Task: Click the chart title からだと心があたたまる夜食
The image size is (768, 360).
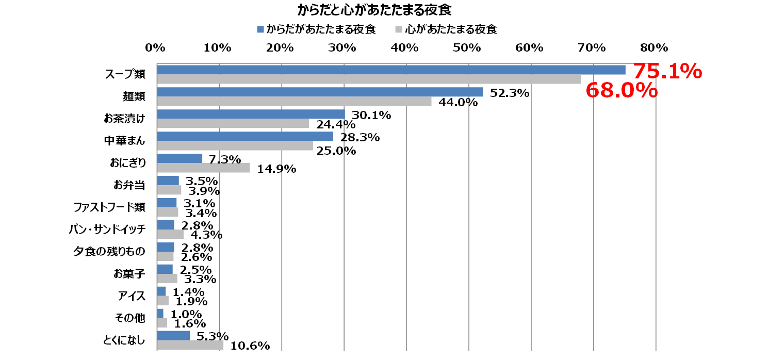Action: click(x=375, y=10)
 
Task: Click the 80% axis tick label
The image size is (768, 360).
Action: click(x=654, y=48)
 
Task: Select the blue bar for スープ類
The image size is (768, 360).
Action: click(x=391, y=70)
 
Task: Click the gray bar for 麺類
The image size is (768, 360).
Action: click(x=294, y=102)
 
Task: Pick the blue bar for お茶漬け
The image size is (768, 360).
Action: click(x=251, y=114)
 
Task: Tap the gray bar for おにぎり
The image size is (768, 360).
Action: click(x=203, y=168)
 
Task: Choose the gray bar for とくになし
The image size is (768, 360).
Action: click(x=190, y=345)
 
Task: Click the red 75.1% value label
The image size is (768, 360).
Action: click(x=667, y=71)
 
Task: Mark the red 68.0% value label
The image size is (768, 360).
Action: click(x=622, y=91)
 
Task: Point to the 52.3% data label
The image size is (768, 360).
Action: click(x=510, y=93)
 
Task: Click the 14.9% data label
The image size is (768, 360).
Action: click(x=276, y=169)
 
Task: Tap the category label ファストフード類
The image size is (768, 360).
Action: click(x=109, y=207)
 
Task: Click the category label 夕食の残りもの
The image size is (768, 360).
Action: click(x=109, y=251)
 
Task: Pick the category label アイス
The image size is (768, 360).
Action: click(x=132, y=296)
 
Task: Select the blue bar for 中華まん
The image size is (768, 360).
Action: click(x=245, y=136)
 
